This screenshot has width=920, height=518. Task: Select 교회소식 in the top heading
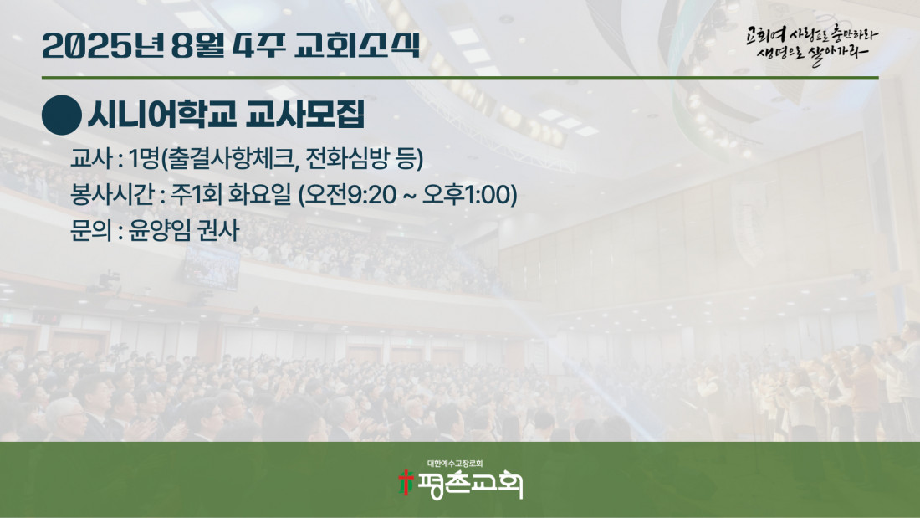pos(357,45)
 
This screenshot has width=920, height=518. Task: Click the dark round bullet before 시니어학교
pos(62,115)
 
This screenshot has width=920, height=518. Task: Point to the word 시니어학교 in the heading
pos(162,114)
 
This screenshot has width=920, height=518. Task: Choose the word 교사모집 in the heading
pos(305,114)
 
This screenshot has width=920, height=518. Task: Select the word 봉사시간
pos(112,195)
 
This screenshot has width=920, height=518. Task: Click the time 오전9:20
pos(349,195)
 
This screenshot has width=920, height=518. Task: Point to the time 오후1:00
pos(470,195)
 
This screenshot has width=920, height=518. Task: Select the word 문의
pos(91,230)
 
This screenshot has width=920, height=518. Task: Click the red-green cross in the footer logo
pos(406,482)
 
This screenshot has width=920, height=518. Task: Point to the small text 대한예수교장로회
pos(455,464)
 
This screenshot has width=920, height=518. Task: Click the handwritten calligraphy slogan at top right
pos(812,46)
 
